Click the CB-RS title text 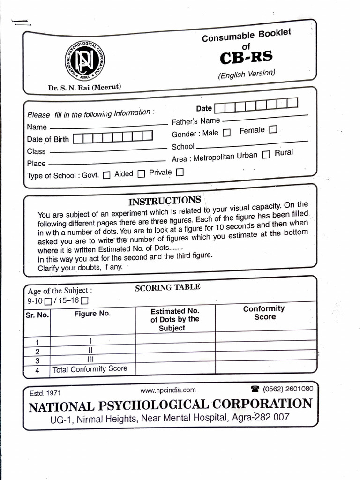pyautogui.click(x=247, y=58)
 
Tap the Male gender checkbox pyautogui.click(x=227, y=133)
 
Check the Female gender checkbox pyautogui.click(x=273, y=129)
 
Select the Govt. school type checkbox pyautogui.click(x=106, y=175)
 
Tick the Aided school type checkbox pyautogui.click(x=142, y=174)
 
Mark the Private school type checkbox pyautogui.click(x=180, y=172)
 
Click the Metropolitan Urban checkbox pyautogui.click(x=266, y=155)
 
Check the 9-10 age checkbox pyautogui.click(x=48, y=301)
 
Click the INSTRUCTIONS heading pyautogui.click(x=165, y=201)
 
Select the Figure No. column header pyautogui.click(x=92, y=314)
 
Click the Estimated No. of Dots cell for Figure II pyautogui.click(x=175, y=350)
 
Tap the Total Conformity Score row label pyautogui.click(x=90, y=369)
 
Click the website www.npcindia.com pyautogui.click(x=168, y=390)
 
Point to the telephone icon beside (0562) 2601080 pyautogui.click(x=255, y=389)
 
